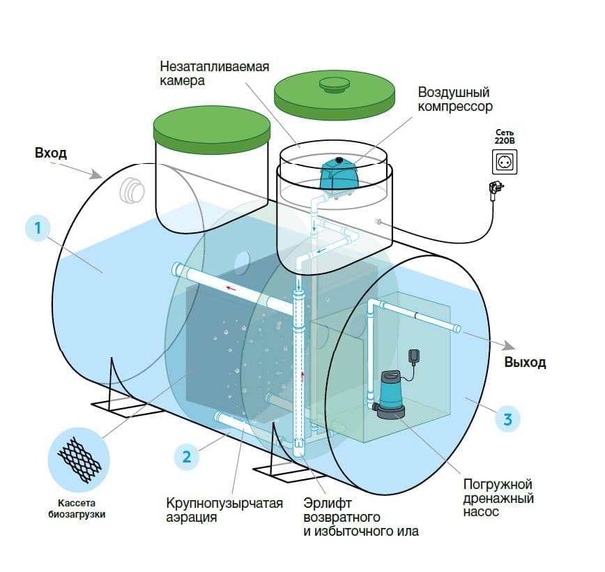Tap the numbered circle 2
(186, 458)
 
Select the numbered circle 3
(508, 419)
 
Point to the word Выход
(525, 363)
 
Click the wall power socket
(505, 163)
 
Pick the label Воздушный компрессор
(455, 100)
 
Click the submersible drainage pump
(392, 393)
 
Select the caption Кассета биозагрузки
(80, 511)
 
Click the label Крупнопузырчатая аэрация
(224, 511)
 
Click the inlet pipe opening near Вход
(130, 189)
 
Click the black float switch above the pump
(415, 357)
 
